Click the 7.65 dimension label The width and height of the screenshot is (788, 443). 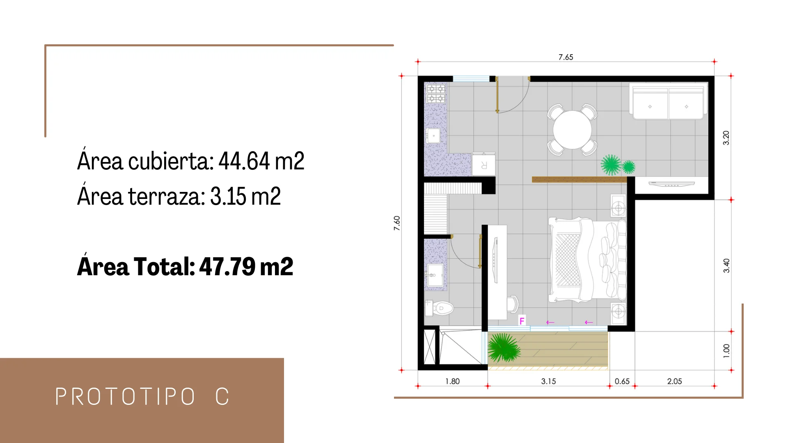[566, 57]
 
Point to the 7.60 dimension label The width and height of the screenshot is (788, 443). [397, 223]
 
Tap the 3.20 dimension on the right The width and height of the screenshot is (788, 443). [726, 138]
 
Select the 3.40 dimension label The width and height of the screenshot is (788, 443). [726, 265]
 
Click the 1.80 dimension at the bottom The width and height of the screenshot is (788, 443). [452, 381]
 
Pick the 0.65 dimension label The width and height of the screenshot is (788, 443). [622, 381]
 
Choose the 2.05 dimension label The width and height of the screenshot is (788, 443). [674, 381]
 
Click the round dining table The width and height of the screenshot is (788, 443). [572, 130]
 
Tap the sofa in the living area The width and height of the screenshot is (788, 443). [669, 101]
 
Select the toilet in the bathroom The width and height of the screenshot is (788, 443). [439, 308]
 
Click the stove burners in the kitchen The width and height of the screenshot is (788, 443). [436, 93]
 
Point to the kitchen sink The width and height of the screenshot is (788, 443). [433, 135]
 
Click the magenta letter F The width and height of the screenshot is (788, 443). [522, 321]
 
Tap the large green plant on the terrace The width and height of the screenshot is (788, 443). [504, 348]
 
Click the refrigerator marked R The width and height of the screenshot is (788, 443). [483, 164]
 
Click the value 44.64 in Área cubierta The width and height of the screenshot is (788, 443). [244, 161]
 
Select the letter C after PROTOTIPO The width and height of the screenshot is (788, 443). [222, 397]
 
